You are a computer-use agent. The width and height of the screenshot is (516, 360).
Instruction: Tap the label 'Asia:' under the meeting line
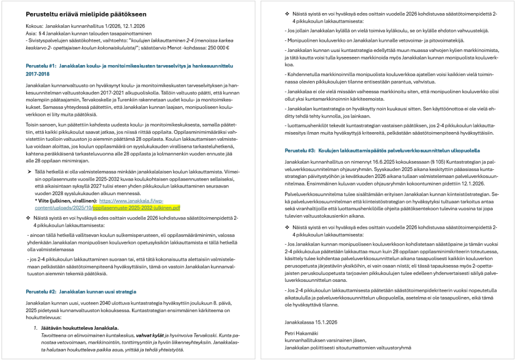31,33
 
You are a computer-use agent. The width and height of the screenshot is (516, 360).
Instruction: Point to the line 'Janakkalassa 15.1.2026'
311,322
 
